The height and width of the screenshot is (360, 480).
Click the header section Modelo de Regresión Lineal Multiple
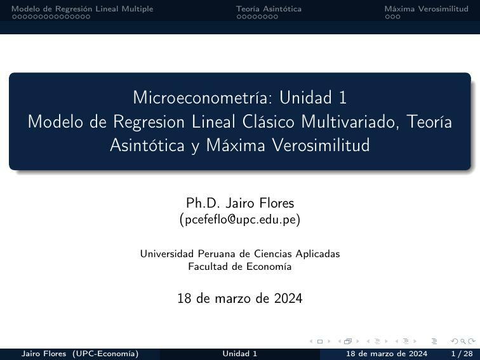click(83, 9)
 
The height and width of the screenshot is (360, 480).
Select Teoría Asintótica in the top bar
click(269, 9)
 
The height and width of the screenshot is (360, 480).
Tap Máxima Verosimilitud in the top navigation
click(426, 9)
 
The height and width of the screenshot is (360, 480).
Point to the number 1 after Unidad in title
click(342, 98)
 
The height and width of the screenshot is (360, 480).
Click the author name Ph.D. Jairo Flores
click(240, 203)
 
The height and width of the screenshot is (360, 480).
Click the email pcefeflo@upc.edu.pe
click(240, 220)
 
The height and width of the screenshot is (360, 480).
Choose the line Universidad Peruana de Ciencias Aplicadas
click(240, 254)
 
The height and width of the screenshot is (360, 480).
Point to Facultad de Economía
click(240, 267)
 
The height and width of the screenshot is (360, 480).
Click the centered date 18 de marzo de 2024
click(240, 298)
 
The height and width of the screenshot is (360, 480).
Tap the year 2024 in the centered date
click(288, 298)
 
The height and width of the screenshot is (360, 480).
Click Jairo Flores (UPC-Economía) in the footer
click(80, 354)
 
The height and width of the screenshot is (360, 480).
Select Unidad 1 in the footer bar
click(240, 354)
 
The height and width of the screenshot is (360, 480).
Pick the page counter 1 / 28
click(462, 354)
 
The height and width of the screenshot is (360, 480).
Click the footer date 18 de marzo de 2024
click(386, 354)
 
